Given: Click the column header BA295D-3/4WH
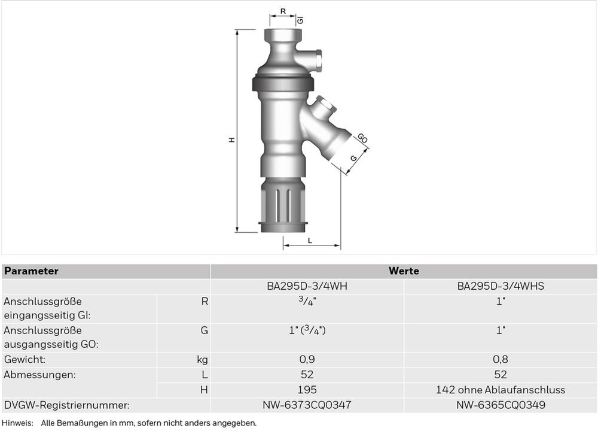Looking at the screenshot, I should tap(307, 286).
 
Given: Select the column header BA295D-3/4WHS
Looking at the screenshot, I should tap(501, 286).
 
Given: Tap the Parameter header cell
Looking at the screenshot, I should tap(31, 271).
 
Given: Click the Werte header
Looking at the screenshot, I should tap(404, 271).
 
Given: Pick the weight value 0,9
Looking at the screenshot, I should tap(307, 360).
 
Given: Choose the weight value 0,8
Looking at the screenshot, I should tap(501, 360).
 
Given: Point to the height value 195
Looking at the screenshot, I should tap(307, 390).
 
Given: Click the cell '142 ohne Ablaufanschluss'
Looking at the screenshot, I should tap(501, 390).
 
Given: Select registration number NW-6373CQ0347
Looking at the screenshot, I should tap(307, 405).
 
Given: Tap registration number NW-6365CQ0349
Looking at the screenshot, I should tap(501, 405).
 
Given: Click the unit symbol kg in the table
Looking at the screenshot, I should tap(202, 360).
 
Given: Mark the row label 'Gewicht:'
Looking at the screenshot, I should tap(25, 360).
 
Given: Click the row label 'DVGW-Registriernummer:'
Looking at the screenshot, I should tap(66, 405).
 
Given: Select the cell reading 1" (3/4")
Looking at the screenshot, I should tap(307, 330).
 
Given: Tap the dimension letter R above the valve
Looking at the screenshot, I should tap(283, 11).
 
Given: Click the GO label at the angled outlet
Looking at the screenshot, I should tap(362, 139).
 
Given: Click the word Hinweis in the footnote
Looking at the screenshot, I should tap(17, 423).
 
